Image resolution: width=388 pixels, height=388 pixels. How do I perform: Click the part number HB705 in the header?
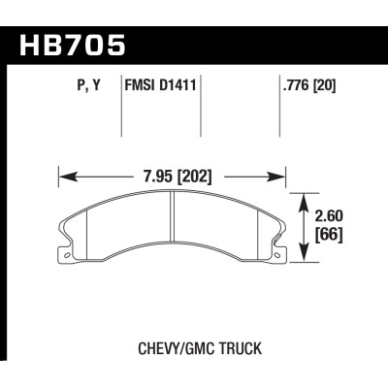coord(73,44)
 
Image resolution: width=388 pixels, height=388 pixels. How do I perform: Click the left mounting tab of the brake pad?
coord(68,256)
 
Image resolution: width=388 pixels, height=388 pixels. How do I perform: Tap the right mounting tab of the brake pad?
coord(278,256)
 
